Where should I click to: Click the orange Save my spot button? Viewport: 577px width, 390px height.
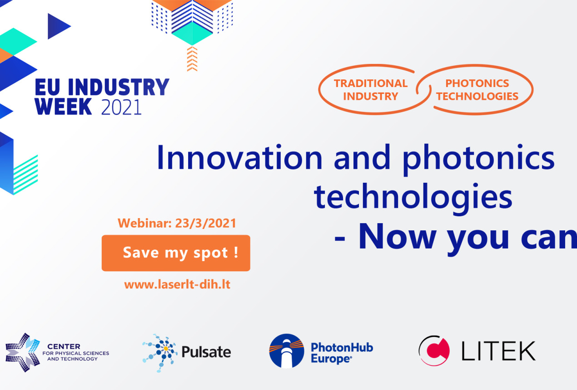[x=176, y=253]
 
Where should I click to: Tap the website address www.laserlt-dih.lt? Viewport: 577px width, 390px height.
[x=177, y=285]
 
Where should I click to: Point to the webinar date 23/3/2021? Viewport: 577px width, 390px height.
[x=205, y=223]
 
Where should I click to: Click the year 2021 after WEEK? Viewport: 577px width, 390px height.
[x=121, y=107]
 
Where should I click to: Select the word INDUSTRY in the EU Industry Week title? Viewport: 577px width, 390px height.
[x=119, y=87]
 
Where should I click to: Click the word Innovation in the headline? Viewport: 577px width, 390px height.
[x=239, y=157]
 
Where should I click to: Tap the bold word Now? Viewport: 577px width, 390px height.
[x=397, y=236]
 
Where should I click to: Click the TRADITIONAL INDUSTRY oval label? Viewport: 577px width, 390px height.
[x=371, y=89]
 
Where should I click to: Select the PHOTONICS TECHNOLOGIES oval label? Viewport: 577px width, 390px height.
[x=477, y=89]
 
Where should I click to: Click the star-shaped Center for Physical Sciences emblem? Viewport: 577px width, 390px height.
[x=23, y=352]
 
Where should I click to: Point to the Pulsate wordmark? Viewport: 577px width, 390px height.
[x=206, y=352]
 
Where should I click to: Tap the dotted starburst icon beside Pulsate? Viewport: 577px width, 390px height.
[x=160, y=353]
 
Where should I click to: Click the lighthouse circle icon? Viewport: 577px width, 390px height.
[x=287, y=351]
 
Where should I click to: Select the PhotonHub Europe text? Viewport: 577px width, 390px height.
[x=342, y=352]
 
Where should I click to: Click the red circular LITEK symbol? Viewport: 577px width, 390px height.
[x=434, y=351]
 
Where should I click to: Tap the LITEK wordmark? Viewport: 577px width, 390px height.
[x=498, y=351]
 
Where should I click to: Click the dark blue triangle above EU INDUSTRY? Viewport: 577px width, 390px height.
[x=59, y=26]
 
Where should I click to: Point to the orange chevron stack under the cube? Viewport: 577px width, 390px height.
[x=192, y=59]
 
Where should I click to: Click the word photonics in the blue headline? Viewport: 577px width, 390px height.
[x=478, y=159]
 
